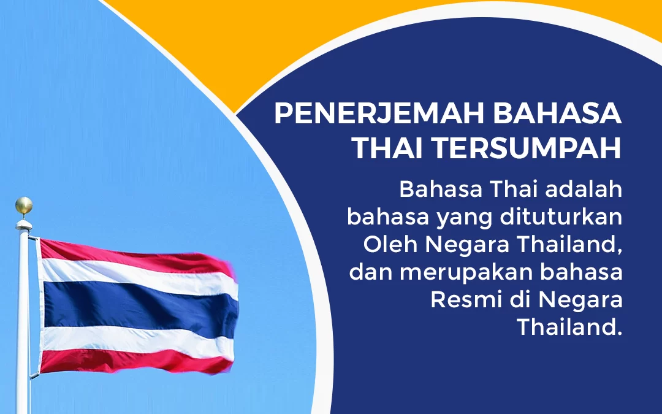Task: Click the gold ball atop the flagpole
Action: coord(24,205)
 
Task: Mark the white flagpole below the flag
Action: coord(23,393)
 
